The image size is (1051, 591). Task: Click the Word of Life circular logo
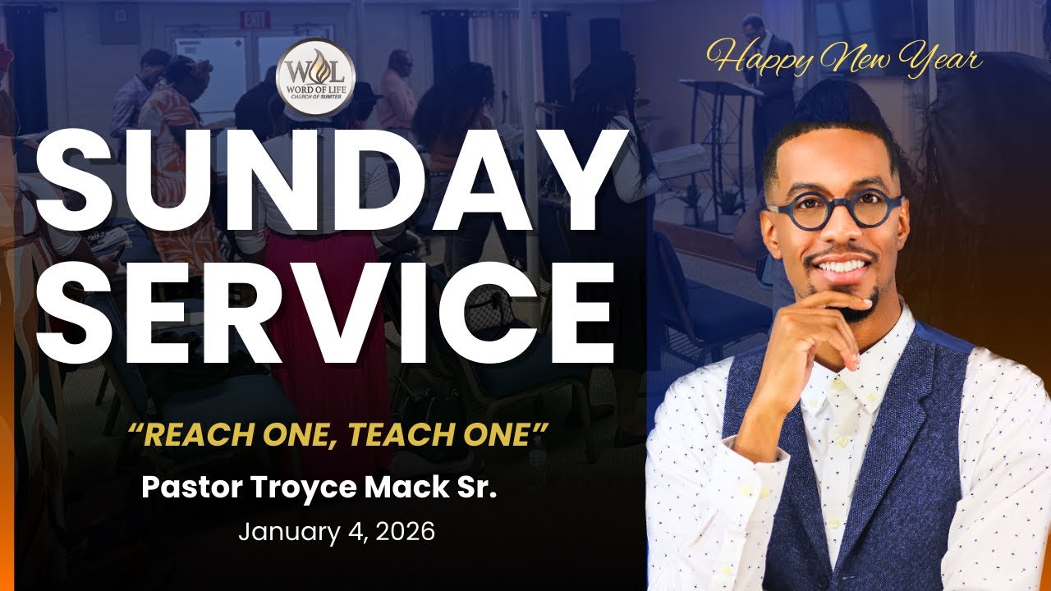click(x=315, y=75)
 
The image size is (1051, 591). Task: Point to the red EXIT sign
click(x=254, y=18)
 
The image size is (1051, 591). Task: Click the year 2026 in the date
click(x=402, y=532)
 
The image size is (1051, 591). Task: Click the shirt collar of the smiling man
click(x=854, y=373)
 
